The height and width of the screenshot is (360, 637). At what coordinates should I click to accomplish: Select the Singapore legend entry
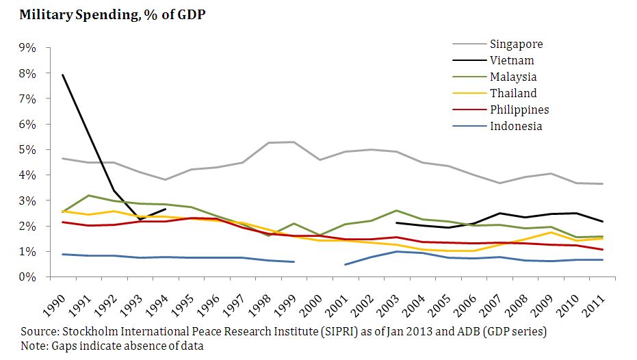(517, 44)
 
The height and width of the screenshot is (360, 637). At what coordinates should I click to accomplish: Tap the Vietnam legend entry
(512, 61)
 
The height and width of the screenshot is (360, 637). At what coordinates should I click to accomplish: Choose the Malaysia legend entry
(513, 77)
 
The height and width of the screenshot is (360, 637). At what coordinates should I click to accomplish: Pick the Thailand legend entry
(513, 94)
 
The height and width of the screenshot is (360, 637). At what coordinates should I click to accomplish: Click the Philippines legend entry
(519, 110)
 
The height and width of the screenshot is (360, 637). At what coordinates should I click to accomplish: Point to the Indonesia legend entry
(516, 127)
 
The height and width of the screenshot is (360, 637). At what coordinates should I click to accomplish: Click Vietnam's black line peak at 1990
(64, 75)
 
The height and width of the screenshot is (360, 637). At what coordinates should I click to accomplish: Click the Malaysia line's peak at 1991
(90, 196)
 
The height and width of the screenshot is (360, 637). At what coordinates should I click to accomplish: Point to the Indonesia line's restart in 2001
(346, 264)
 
